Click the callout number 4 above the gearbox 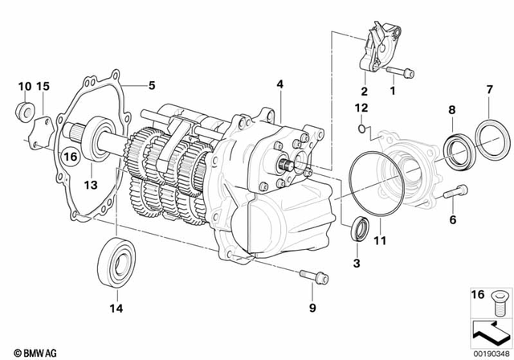click(279, 84)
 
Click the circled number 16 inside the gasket click(70, 157)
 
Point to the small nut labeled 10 click(24, 109)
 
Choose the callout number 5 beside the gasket click(149, 84)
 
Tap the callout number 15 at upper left click(44, 85)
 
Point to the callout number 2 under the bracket click(363, 91)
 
